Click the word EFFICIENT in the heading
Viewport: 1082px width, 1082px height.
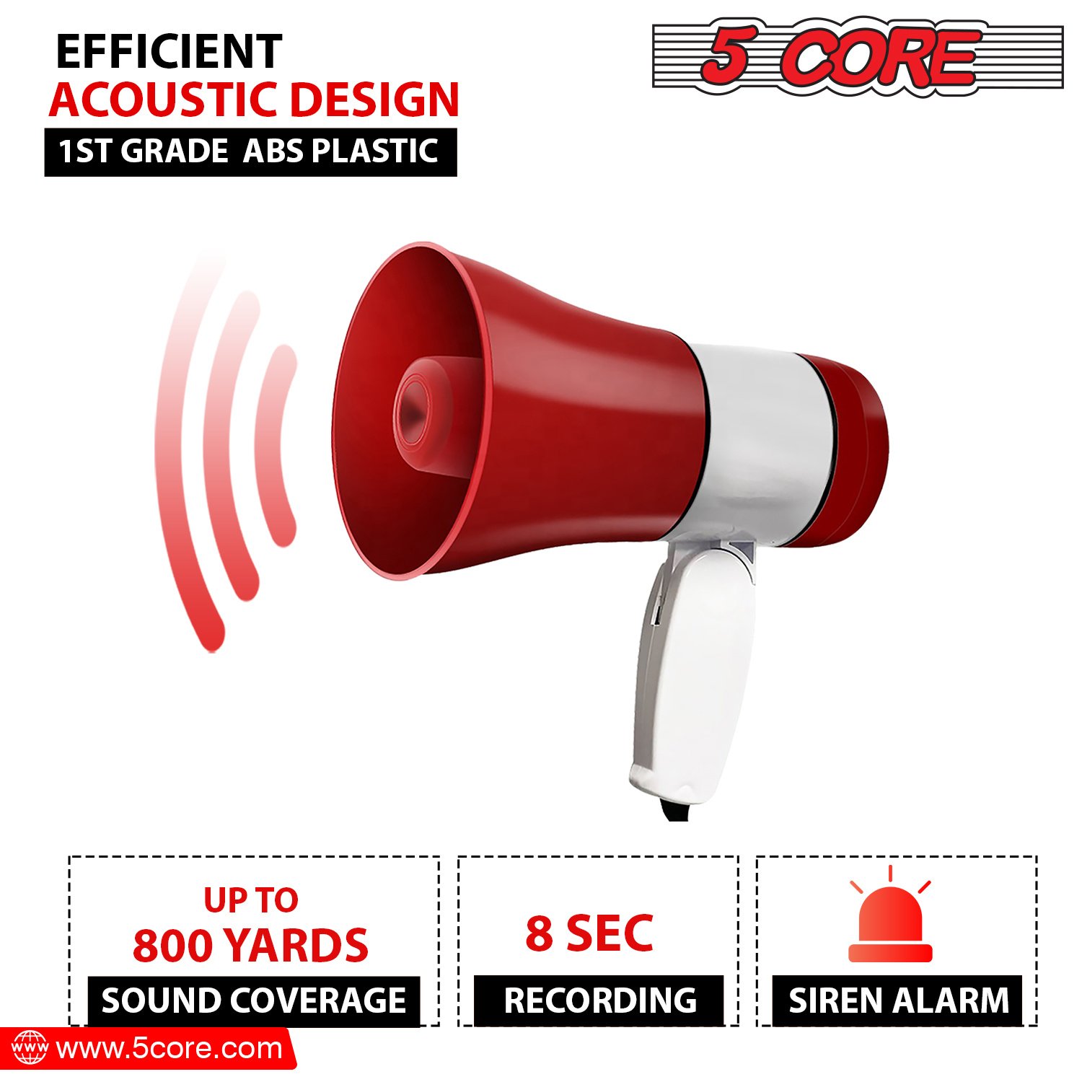pyautogui.click(x=169, y=51)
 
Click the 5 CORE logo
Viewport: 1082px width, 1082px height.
pyautogui.click(x=858, y=56)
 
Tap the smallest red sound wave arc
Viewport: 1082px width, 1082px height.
pyautogui.click(x=278, y=445)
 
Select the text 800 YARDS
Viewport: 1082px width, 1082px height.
pyautogui.click(x=250, y=945)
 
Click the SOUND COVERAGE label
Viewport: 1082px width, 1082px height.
pyautogui.click(x=254, y=1000)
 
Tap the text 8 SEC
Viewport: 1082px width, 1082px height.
pyautogui.click(x=589, y=933)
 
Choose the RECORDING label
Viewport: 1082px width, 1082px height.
pyautogui.click(x=599, y=1000)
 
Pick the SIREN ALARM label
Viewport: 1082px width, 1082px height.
pyautogui.click(x=898, y=1000)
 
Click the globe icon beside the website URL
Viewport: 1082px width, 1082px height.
pyautogui.click(x=30, y=1047)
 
